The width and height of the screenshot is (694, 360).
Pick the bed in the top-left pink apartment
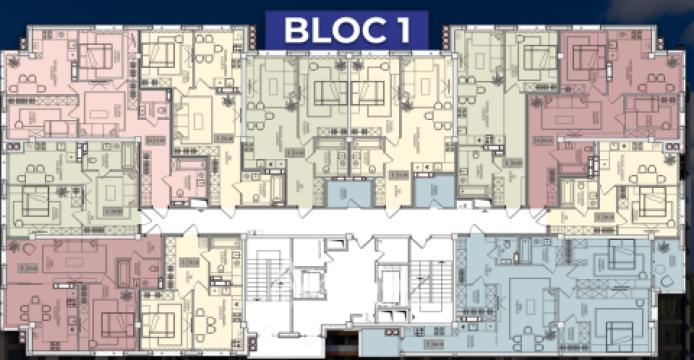pos(97,58)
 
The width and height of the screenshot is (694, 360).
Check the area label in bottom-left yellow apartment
pos(188,263)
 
